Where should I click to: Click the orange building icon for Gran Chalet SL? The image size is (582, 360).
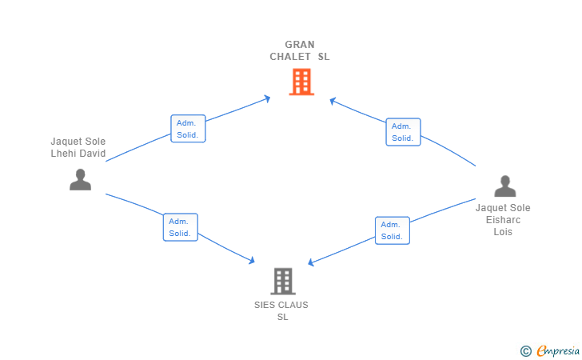click(301, 82)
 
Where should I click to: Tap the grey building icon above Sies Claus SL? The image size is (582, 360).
click(283, 282)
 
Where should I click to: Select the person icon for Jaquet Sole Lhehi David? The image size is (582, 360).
click(80, 179)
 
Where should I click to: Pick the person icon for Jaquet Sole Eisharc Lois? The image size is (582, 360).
click(504, 186)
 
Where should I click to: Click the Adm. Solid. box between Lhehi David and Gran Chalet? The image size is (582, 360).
click(188, 129)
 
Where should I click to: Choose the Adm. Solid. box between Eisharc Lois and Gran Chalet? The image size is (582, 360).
click(403, 132)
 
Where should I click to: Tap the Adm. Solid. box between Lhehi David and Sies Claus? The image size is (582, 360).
click(181, 227)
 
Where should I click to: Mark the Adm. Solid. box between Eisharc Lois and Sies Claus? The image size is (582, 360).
click(393, 230)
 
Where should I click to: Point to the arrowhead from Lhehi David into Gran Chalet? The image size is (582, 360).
click(267, 98)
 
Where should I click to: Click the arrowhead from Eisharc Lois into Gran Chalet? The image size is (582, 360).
click(333, 101)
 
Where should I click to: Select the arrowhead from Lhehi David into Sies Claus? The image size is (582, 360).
click(251, 260)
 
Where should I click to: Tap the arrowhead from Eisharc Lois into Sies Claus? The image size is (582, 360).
click(311, 262)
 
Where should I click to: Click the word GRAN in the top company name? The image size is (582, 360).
click(300, 45)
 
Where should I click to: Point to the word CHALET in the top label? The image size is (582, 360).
click(290, 57)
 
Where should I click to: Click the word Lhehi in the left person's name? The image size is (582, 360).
click(63, 153)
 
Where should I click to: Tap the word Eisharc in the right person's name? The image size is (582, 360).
click(503, 219)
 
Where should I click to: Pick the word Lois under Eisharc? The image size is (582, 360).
click(503, 231)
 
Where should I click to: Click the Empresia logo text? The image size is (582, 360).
click(558, 350)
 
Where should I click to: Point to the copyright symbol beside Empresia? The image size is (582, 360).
click(525, 351)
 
